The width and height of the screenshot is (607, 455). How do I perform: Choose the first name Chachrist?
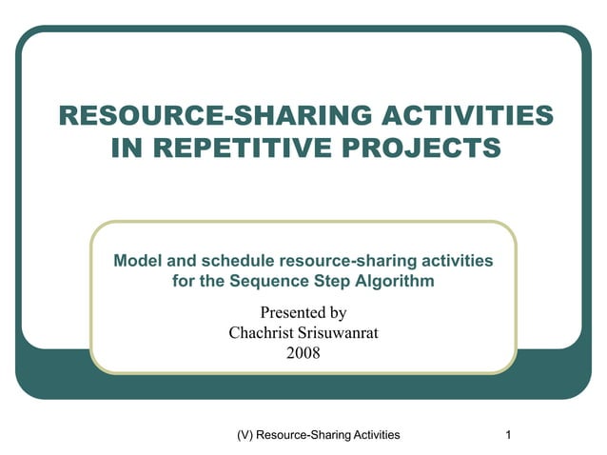point(262,332)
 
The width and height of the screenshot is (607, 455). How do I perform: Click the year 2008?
point(303,352)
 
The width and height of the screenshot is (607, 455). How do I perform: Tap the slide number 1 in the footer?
point(511,435)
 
